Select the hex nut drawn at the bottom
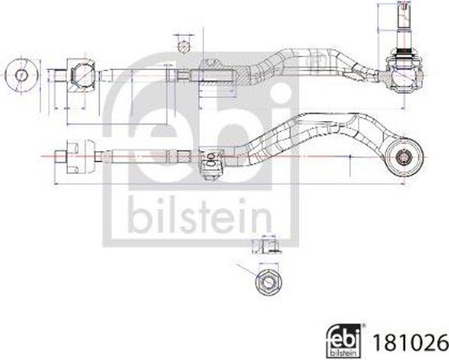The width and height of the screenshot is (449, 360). (x=268, y=282)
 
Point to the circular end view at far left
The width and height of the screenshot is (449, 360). (x=21, y=75)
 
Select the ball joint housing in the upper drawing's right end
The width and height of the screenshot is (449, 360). (x=404, y=75)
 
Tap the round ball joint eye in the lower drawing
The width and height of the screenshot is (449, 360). (x=404, y=157)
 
